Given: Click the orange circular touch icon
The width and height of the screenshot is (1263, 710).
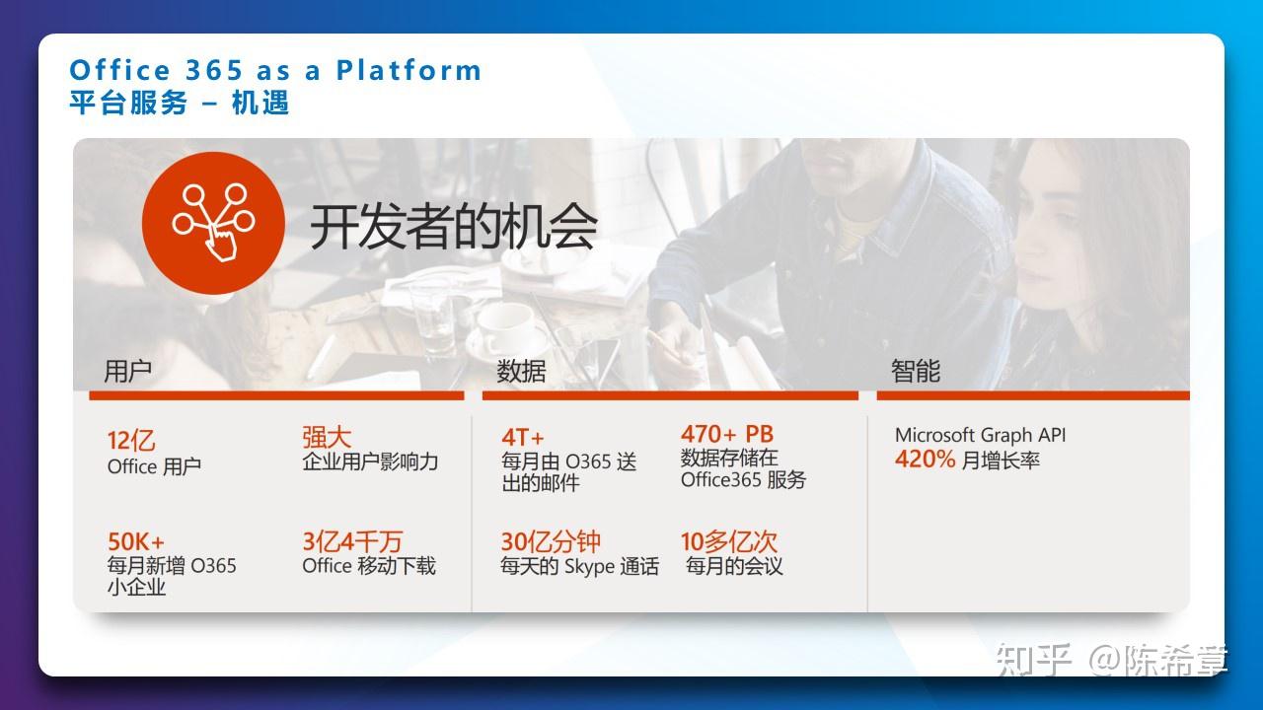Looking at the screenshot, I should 214,223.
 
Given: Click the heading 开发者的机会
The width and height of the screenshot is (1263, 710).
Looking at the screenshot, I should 453,226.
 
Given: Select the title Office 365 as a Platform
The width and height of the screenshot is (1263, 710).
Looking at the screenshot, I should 275,70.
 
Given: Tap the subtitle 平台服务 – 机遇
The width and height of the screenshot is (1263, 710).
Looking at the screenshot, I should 180,103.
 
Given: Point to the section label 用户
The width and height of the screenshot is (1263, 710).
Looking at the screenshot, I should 127,372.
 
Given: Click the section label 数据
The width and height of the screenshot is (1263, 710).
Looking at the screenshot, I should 521,372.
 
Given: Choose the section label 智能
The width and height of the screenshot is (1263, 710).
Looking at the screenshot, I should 915,372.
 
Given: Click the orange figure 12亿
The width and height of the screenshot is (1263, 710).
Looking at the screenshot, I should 131,440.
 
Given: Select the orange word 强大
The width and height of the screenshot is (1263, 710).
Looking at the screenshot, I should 327,437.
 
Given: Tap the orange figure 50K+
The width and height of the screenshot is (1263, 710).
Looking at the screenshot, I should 136,541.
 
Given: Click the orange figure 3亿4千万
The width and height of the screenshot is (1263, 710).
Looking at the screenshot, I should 352,541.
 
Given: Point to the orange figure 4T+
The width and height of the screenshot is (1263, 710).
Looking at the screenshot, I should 523,437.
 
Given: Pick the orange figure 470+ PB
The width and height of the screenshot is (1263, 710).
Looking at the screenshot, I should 727,434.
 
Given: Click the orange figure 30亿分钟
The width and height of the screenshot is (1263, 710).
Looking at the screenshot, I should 551,541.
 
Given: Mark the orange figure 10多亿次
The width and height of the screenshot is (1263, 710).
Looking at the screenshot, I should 729,541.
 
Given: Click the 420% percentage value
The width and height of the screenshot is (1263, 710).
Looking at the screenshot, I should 925,460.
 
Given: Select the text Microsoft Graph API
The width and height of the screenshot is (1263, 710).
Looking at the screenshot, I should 980,435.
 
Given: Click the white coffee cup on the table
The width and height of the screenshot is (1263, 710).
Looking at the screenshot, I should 506,325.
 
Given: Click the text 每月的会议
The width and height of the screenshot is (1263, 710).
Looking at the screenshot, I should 734,567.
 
